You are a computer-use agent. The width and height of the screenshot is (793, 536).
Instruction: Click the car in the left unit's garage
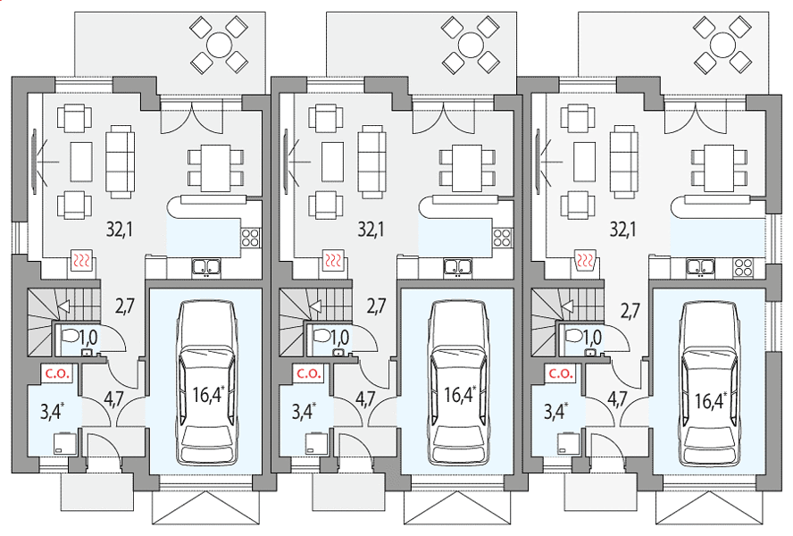tap(208, 382)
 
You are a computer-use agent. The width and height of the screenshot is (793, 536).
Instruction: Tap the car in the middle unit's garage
tap(460, 382)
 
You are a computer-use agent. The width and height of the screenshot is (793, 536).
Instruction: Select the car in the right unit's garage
tap(711, 382)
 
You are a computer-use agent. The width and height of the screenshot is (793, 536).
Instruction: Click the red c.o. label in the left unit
tap(56, 374)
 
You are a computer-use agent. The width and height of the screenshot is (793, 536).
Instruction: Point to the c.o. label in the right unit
tap(560, 374)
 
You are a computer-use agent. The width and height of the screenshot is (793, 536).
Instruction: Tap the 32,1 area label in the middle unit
tap(371, 230)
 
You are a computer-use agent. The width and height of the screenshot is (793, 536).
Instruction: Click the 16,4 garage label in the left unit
tap(208, 394)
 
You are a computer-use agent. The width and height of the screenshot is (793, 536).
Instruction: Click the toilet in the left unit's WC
tap(70, 336)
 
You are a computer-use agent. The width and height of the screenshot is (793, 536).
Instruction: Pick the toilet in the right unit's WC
tap(573, 336)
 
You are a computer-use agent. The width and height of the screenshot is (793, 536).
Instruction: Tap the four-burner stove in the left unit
tap(251, 238)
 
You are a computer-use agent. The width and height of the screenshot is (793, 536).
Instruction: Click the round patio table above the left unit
tap(219, 44)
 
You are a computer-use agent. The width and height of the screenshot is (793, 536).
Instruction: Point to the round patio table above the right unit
tap(722, 44)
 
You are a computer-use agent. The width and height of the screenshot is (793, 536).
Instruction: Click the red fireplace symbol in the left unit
tap(81, 261)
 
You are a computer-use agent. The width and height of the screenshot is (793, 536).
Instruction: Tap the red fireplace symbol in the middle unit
tap(333, 261)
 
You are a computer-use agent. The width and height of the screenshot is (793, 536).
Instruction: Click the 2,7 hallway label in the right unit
tap(630, 309)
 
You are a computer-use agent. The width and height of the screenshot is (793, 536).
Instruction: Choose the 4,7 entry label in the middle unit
tap(365, 399)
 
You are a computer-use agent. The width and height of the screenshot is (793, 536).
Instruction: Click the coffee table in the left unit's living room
tap(81, 162)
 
